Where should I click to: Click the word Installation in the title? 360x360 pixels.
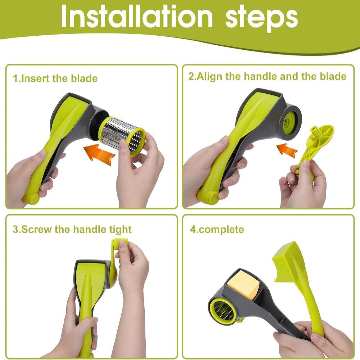click(x=137, y=16)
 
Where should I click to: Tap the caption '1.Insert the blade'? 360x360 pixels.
click(x=55, y=78)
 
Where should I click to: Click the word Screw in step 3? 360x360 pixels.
click(x=37, y=229)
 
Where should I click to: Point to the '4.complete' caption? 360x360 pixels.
click(x=217, y=230)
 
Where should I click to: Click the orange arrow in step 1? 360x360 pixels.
click(x=99, y=154)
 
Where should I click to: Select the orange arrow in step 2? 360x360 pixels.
click(x=287, y=150)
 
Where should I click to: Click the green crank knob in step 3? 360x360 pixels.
click(x=121, y=244)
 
